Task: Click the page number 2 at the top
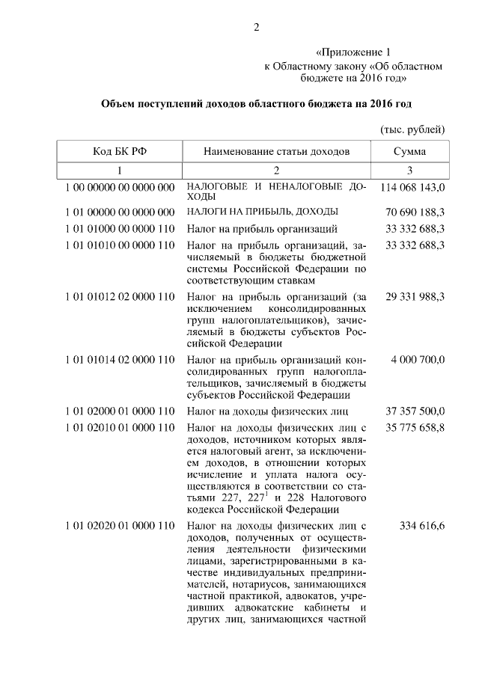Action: point(256,28)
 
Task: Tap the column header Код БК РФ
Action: point(120,152)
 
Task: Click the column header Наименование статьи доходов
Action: point(276,152)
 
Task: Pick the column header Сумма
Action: point(410,152)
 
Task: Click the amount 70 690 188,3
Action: point(415,211)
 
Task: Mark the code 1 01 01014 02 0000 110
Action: point(120,359)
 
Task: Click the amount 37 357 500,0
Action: point(415,411)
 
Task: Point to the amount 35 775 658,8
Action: point(415,428)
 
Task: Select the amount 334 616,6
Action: point(423,527)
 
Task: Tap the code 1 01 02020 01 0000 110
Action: point(120,527)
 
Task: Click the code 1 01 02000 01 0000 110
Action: point(120,411)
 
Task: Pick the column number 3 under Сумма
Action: point(410,170)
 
